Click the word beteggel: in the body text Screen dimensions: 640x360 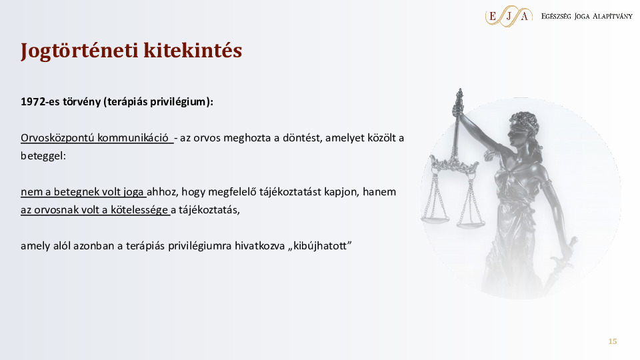coord(43,156)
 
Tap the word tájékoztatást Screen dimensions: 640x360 coord(290,192)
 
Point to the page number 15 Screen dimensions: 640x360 coord(612,341)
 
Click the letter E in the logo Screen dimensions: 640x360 coord(493,16)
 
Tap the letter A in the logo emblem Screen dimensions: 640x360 coord(525,16)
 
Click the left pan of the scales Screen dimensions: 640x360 coord(434,220)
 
